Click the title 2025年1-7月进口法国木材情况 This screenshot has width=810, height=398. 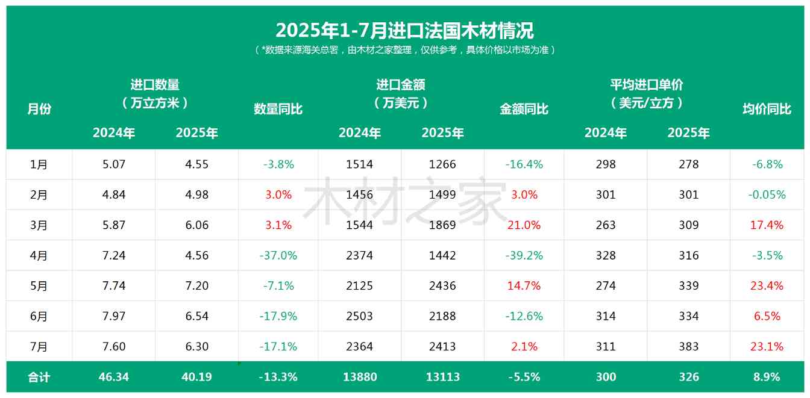(404, 30)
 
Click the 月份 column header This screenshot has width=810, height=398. (39, 109)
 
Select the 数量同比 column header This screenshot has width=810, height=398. (278, 109)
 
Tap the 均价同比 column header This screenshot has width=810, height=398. (767, 109)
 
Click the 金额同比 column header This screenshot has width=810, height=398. (524, 109)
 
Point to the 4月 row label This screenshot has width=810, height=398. (39, 255)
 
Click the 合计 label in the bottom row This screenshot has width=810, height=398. (39, 377)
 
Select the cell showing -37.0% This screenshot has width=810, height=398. (278, 255)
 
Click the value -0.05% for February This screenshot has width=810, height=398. (767, 194)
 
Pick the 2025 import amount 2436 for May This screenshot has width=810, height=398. (442, 285)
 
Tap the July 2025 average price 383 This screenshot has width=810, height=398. (688, 346)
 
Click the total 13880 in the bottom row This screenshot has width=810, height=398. (360, 377)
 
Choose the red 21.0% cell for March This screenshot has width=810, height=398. (524, 225)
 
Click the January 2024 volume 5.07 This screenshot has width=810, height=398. (114, 164)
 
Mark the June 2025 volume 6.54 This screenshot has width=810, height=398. (197, 316)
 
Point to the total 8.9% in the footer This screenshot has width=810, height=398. (767, 377)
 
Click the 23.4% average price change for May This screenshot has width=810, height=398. (767, 285)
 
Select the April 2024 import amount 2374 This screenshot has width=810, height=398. (360, 255)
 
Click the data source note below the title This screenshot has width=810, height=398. (404, 50)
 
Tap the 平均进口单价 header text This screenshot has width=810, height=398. (646, 85)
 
